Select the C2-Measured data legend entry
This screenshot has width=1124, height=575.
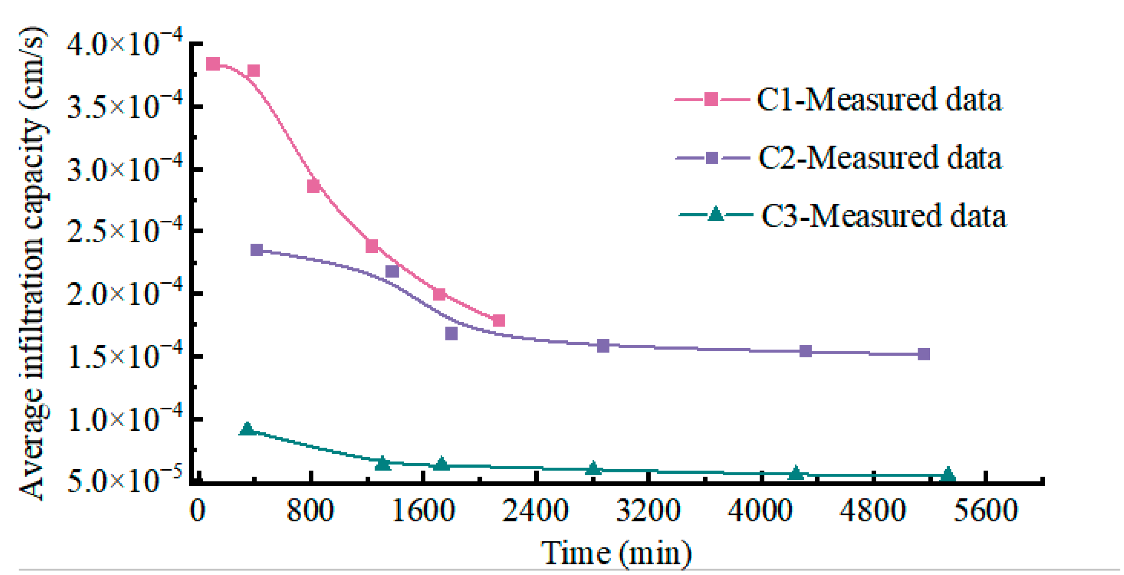click(x=880, y=158)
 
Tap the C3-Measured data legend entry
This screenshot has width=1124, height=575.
click(x=883, y=216)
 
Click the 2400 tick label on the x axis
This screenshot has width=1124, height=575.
click(x=535, y=511)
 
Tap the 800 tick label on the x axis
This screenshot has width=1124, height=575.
click(x=310, y=511)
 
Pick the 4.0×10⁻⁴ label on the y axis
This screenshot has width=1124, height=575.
click(x=124, y=44)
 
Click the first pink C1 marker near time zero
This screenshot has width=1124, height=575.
click(x=213, y=64)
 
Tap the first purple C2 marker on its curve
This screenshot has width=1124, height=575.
click(x=257, y=250)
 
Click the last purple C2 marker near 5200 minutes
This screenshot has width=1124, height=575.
click(x=923, y=354)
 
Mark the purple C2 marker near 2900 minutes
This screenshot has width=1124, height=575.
click(x=603, y=346)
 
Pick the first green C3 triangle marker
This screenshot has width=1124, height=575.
click(x=247, y=429)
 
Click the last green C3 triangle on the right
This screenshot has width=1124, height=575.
click(x=948, y=475)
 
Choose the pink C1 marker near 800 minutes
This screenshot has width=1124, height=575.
click(x=313, y=186)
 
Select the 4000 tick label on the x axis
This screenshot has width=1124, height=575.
click(x=760, y=511)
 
